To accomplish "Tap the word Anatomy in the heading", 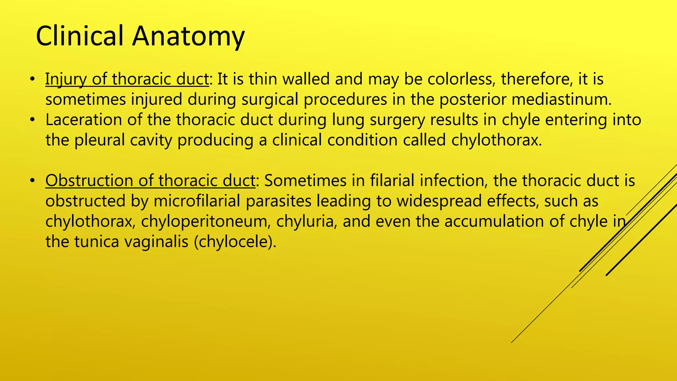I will point(188,36).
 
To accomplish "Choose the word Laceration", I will point(84,120).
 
